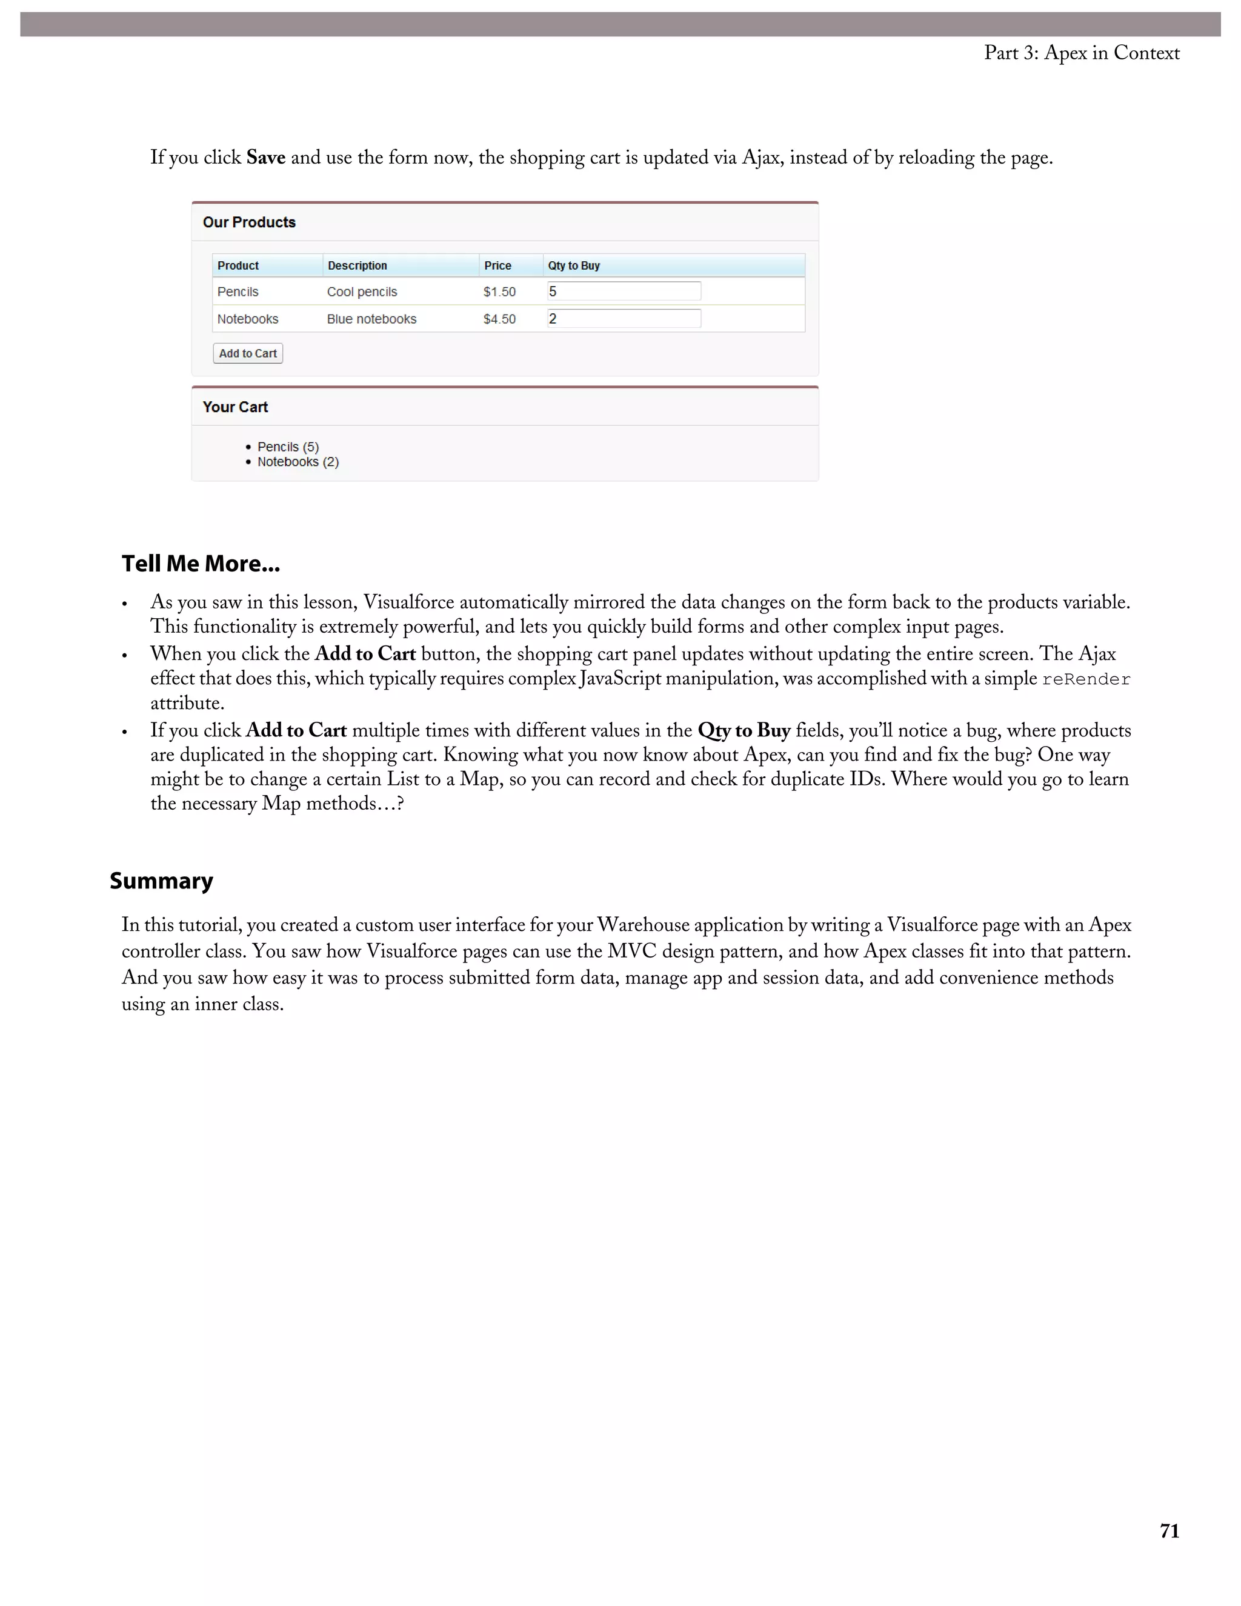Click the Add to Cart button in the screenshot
click(248, 354)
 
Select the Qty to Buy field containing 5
click(624, 291)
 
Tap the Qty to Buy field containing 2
click(624, 318)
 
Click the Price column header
click(497, 265)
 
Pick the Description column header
click(358, 265)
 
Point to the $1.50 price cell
click(499, 292)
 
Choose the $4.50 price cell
click(499, 319)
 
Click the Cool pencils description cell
click(362, 292)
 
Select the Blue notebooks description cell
click(371, 319)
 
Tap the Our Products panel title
click(249, 222)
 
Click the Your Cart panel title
click(235, 407)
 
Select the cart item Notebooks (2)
click(298, 462)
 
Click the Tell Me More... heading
click(201, 564)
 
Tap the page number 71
click(1169, 1531)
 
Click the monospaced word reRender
click(1086, 679)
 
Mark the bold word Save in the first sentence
click(265, 158)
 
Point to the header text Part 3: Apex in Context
click(1082, 53)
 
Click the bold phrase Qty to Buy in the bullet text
click(744, 730)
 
